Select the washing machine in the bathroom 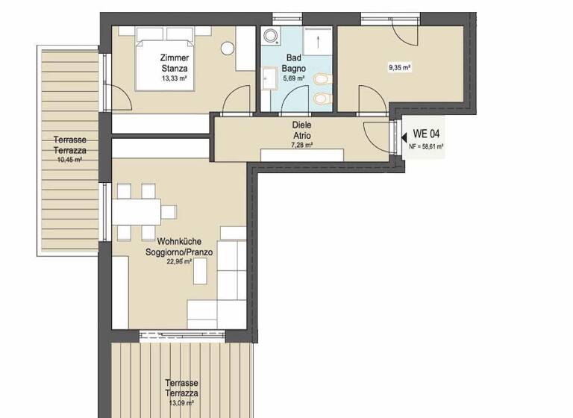point(269,37)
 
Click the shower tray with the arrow point(316,43)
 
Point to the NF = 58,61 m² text point(427,147)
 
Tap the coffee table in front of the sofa point(201,273)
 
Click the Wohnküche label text point(179,242)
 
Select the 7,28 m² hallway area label point(301,146)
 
